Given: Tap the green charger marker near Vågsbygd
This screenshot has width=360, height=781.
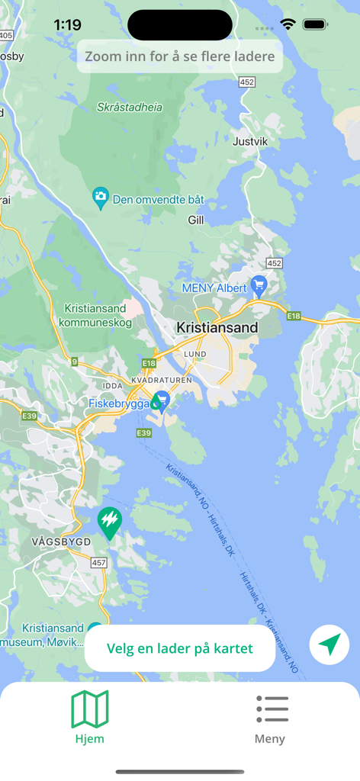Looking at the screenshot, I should [x=110, y=522].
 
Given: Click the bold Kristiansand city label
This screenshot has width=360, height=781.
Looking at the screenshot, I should [x=217, y=328].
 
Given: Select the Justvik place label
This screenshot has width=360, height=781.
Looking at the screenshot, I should [x=251, y=141].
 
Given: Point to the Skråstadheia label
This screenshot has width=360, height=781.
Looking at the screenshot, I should [x=130, y=108].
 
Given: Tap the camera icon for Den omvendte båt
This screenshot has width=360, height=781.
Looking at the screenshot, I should [x=101, y=198].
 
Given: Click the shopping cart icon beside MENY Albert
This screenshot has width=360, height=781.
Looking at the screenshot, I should [x=259, y=286].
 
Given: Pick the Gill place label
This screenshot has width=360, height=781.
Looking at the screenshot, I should [x=196, y=220].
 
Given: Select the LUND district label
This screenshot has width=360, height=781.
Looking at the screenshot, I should [x=195, y=355].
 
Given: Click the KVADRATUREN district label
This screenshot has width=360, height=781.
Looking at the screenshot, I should [x=162, y=380].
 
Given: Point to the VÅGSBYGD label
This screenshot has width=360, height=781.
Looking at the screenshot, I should [x=61, y=542].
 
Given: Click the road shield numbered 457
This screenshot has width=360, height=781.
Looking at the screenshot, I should [x=99, y=563].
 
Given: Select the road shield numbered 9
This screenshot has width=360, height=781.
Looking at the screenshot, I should [x=74, y=362].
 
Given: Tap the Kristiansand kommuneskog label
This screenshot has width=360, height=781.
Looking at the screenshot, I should [x=95, y=316].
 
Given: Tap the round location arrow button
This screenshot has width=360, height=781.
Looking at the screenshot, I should [x=329, y=645].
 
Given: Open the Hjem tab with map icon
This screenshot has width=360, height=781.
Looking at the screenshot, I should [x=90, y=718].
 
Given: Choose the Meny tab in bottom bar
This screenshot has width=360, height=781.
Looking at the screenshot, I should [x=271, y=718].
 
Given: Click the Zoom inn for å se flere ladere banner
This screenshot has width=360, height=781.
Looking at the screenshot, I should [x=180, y=56].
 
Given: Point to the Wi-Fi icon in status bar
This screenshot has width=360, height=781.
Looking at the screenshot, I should [x=288, y=24].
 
